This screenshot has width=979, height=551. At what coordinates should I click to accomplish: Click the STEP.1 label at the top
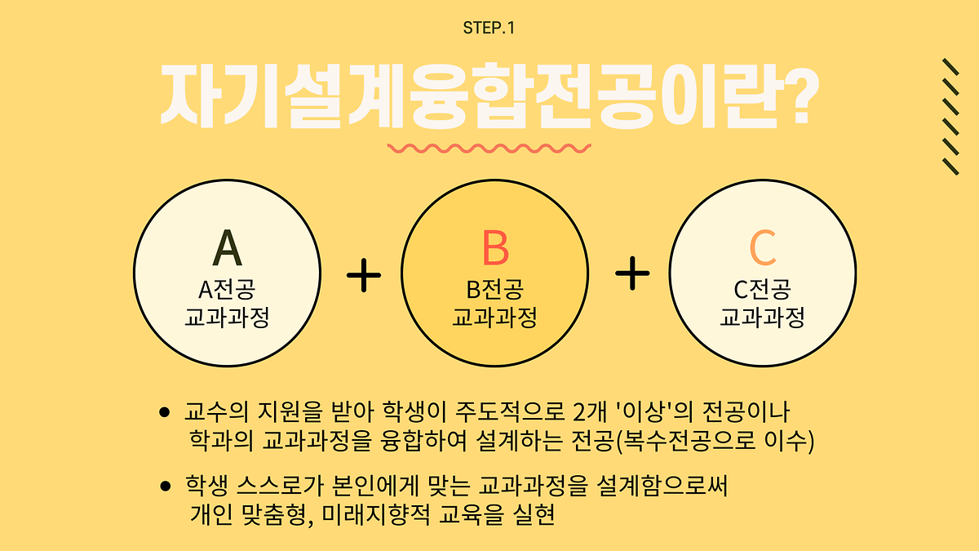489,28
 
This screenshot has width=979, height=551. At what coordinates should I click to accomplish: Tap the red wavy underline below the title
489,149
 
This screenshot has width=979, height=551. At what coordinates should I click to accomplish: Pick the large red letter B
494,248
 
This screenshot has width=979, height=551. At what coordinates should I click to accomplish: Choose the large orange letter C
762,248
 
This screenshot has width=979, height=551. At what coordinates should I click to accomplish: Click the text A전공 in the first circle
227,289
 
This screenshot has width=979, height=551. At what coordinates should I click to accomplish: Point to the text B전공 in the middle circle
494,289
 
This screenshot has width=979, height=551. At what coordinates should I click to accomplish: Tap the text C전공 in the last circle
762,289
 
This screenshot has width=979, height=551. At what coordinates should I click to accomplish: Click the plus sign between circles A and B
364,276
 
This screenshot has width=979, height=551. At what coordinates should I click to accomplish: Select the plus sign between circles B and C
632,274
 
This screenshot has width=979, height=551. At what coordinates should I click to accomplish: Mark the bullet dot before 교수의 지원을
166,412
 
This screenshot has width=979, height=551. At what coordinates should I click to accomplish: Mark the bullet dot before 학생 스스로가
166,487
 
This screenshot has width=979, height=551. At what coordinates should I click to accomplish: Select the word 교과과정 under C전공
762,317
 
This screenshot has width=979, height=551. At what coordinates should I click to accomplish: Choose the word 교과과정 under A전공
227,317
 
